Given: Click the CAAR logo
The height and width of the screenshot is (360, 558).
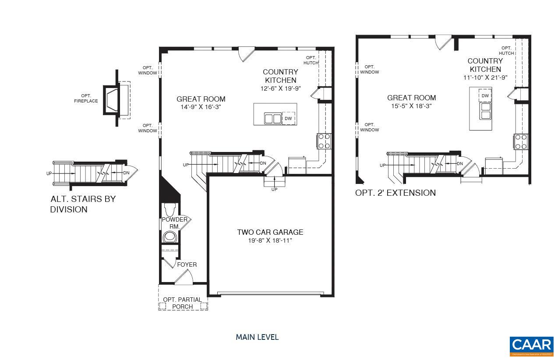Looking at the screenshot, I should coord(531,346).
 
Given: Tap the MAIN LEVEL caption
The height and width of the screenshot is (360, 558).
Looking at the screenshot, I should coord(257,337).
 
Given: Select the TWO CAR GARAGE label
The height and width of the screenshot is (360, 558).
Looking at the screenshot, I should coord(270,232).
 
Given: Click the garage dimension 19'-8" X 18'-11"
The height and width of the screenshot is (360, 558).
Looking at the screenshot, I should coord(270,240).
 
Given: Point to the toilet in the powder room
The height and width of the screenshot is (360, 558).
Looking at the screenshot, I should coord(169,209).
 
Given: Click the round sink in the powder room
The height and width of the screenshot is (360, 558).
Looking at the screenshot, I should coord(169,237).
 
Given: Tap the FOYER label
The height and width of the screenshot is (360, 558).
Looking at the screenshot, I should coord(187,265).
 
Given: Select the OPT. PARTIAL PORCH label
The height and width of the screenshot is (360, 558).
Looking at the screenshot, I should coord(182,303).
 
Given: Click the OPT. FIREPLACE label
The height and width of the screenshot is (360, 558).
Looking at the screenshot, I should coord(85,99).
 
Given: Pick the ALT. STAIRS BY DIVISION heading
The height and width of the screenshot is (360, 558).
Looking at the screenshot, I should coord(83,204).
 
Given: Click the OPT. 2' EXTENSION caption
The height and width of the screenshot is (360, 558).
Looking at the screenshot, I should coord(395,193).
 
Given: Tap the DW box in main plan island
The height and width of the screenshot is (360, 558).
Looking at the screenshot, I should coord(288,118).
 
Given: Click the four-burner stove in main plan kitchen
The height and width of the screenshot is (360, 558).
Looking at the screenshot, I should coord(324,141).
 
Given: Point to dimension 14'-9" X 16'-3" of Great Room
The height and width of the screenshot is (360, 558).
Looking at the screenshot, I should coord(201,107).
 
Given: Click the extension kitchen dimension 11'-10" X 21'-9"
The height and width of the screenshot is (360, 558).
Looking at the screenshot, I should coord(485,78).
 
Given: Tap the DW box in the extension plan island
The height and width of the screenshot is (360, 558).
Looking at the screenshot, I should coord(485,95).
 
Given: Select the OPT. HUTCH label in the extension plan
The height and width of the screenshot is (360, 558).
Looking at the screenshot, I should coord(506,50).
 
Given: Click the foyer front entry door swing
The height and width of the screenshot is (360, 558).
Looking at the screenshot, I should coord(185,276).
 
